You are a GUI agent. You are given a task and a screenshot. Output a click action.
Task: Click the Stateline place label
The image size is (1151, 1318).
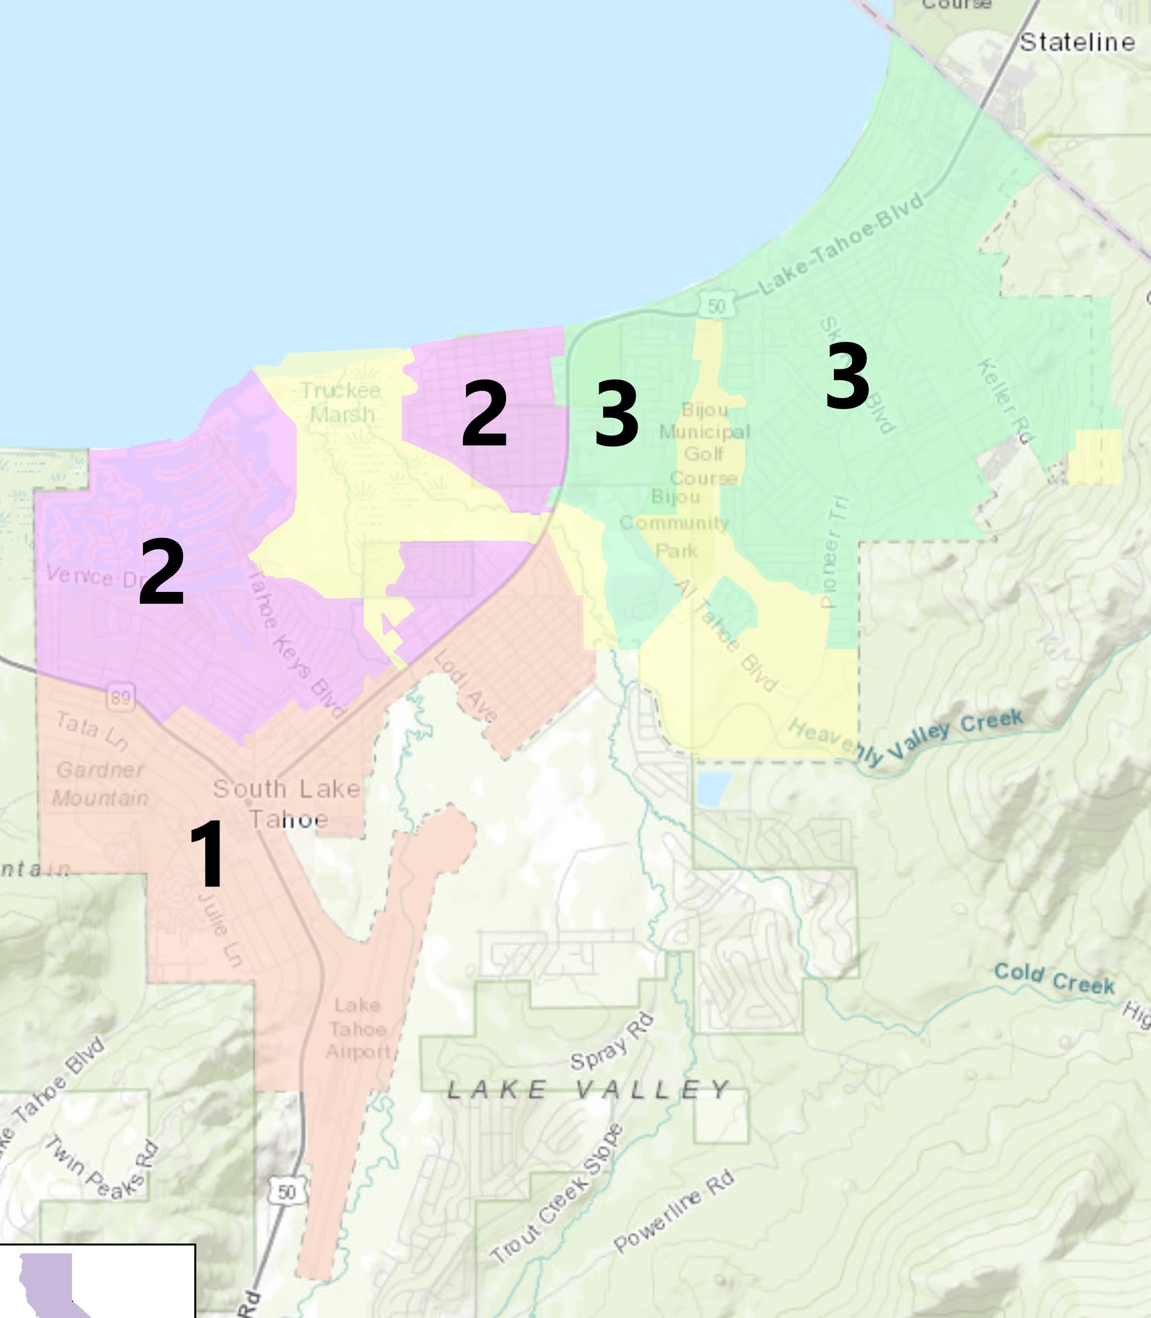tap(1077, 42)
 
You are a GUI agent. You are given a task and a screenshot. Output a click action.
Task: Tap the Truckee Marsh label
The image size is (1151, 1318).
tap(341, 402)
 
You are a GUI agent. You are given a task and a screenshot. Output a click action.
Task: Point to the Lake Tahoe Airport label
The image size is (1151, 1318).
tap(357, 1028)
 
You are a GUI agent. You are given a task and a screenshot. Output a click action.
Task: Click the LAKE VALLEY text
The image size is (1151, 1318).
tap(588, 1089)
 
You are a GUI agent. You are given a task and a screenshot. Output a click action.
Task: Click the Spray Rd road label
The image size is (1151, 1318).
tap(611, 1042)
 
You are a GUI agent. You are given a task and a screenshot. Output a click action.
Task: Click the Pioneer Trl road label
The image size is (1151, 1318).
tap(834, 552)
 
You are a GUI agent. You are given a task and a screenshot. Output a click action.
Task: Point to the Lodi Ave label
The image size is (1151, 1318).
tap(466, 686)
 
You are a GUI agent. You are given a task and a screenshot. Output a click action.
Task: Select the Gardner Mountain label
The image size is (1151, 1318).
tap(100, 784)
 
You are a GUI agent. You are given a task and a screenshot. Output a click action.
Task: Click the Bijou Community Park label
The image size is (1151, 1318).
tap(675, 523)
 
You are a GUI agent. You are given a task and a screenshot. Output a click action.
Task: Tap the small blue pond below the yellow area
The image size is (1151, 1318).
tap(713, 789)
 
